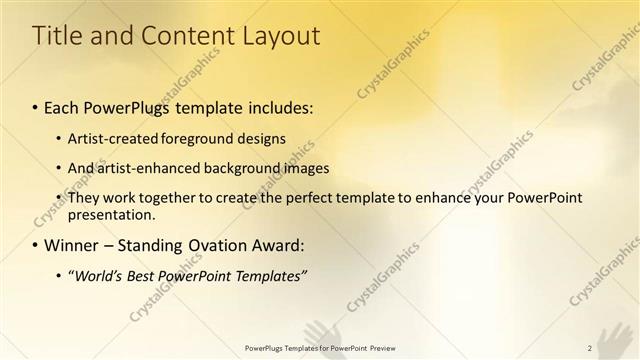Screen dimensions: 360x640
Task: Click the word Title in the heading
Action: (x=56, y=36)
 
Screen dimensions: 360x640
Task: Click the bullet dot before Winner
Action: (x=36, y=246)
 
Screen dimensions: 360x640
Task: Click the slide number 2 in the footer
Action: (x=589, y=348)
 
